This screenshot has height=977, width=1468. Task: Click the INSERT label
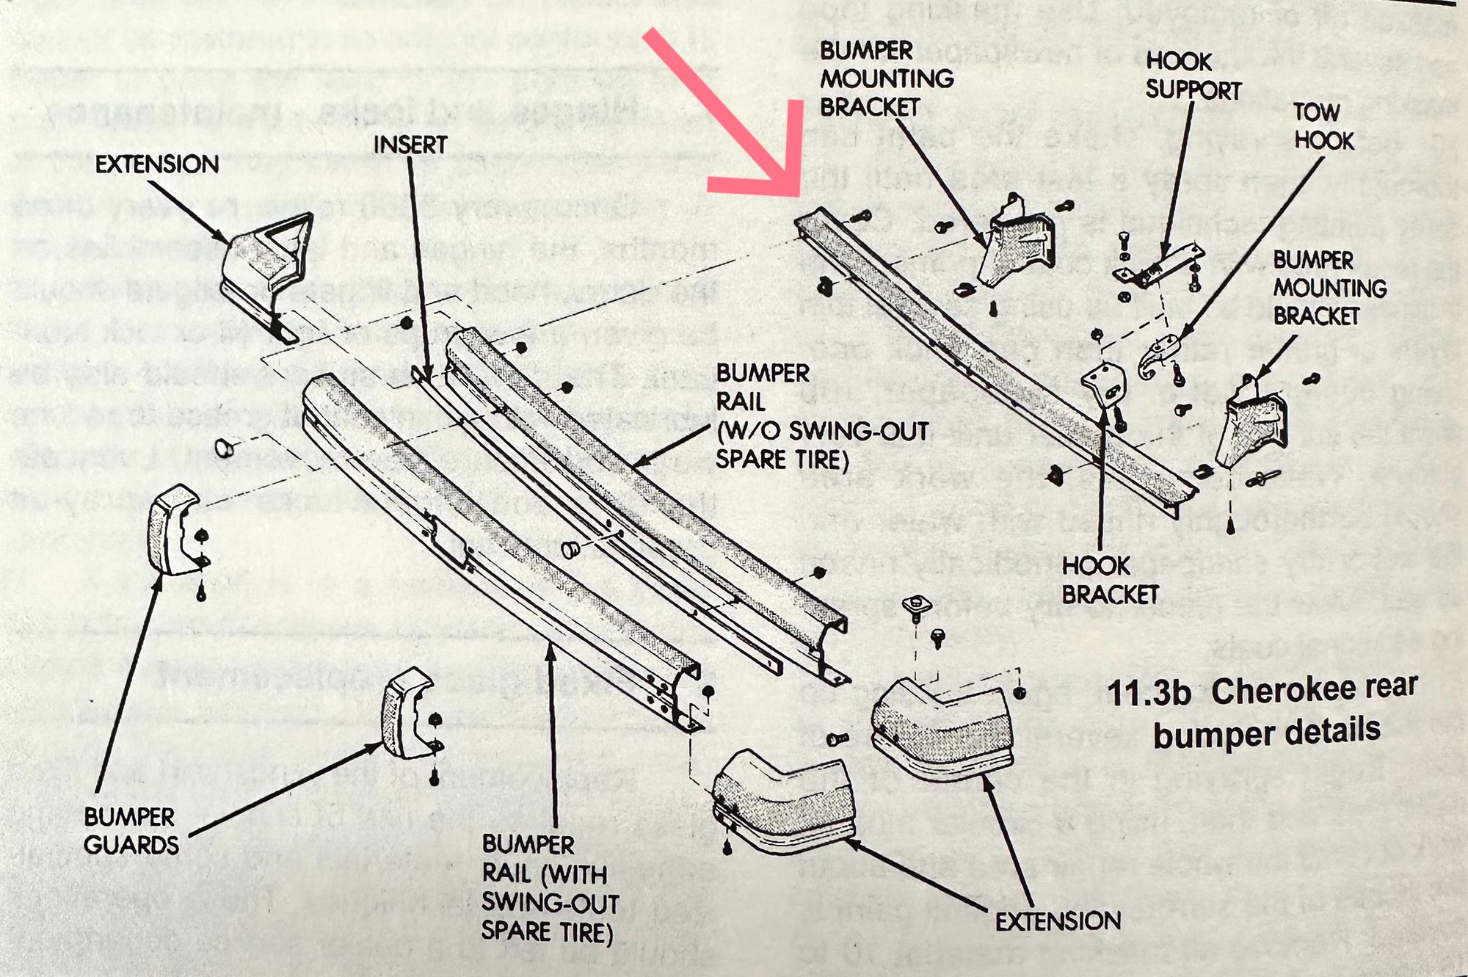click(410, 145)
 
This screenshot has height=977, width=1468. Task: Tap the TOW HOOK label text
click(1323, 126)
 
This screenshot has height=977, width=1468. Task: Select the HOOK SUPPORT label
click(1193, 76)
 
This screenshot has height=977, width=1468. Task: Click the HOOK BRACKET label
click(1109, 580)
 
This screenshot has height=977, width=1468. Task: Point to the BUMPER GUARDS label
click(131, 831)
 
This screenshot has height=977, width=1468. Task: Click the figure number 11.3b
click(1149, 694)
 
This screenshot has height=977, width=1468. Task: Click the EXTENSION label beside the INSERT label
click(156, 164)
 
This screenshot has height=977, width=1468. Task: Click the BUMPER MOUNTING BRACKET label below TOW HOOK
click(1329, 288)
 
